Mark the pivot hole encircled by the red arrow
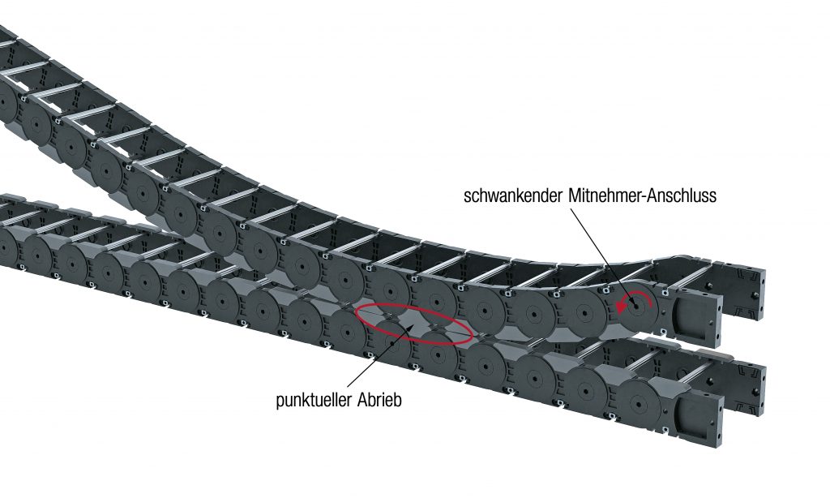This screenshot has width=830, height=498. pos(636,307)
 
